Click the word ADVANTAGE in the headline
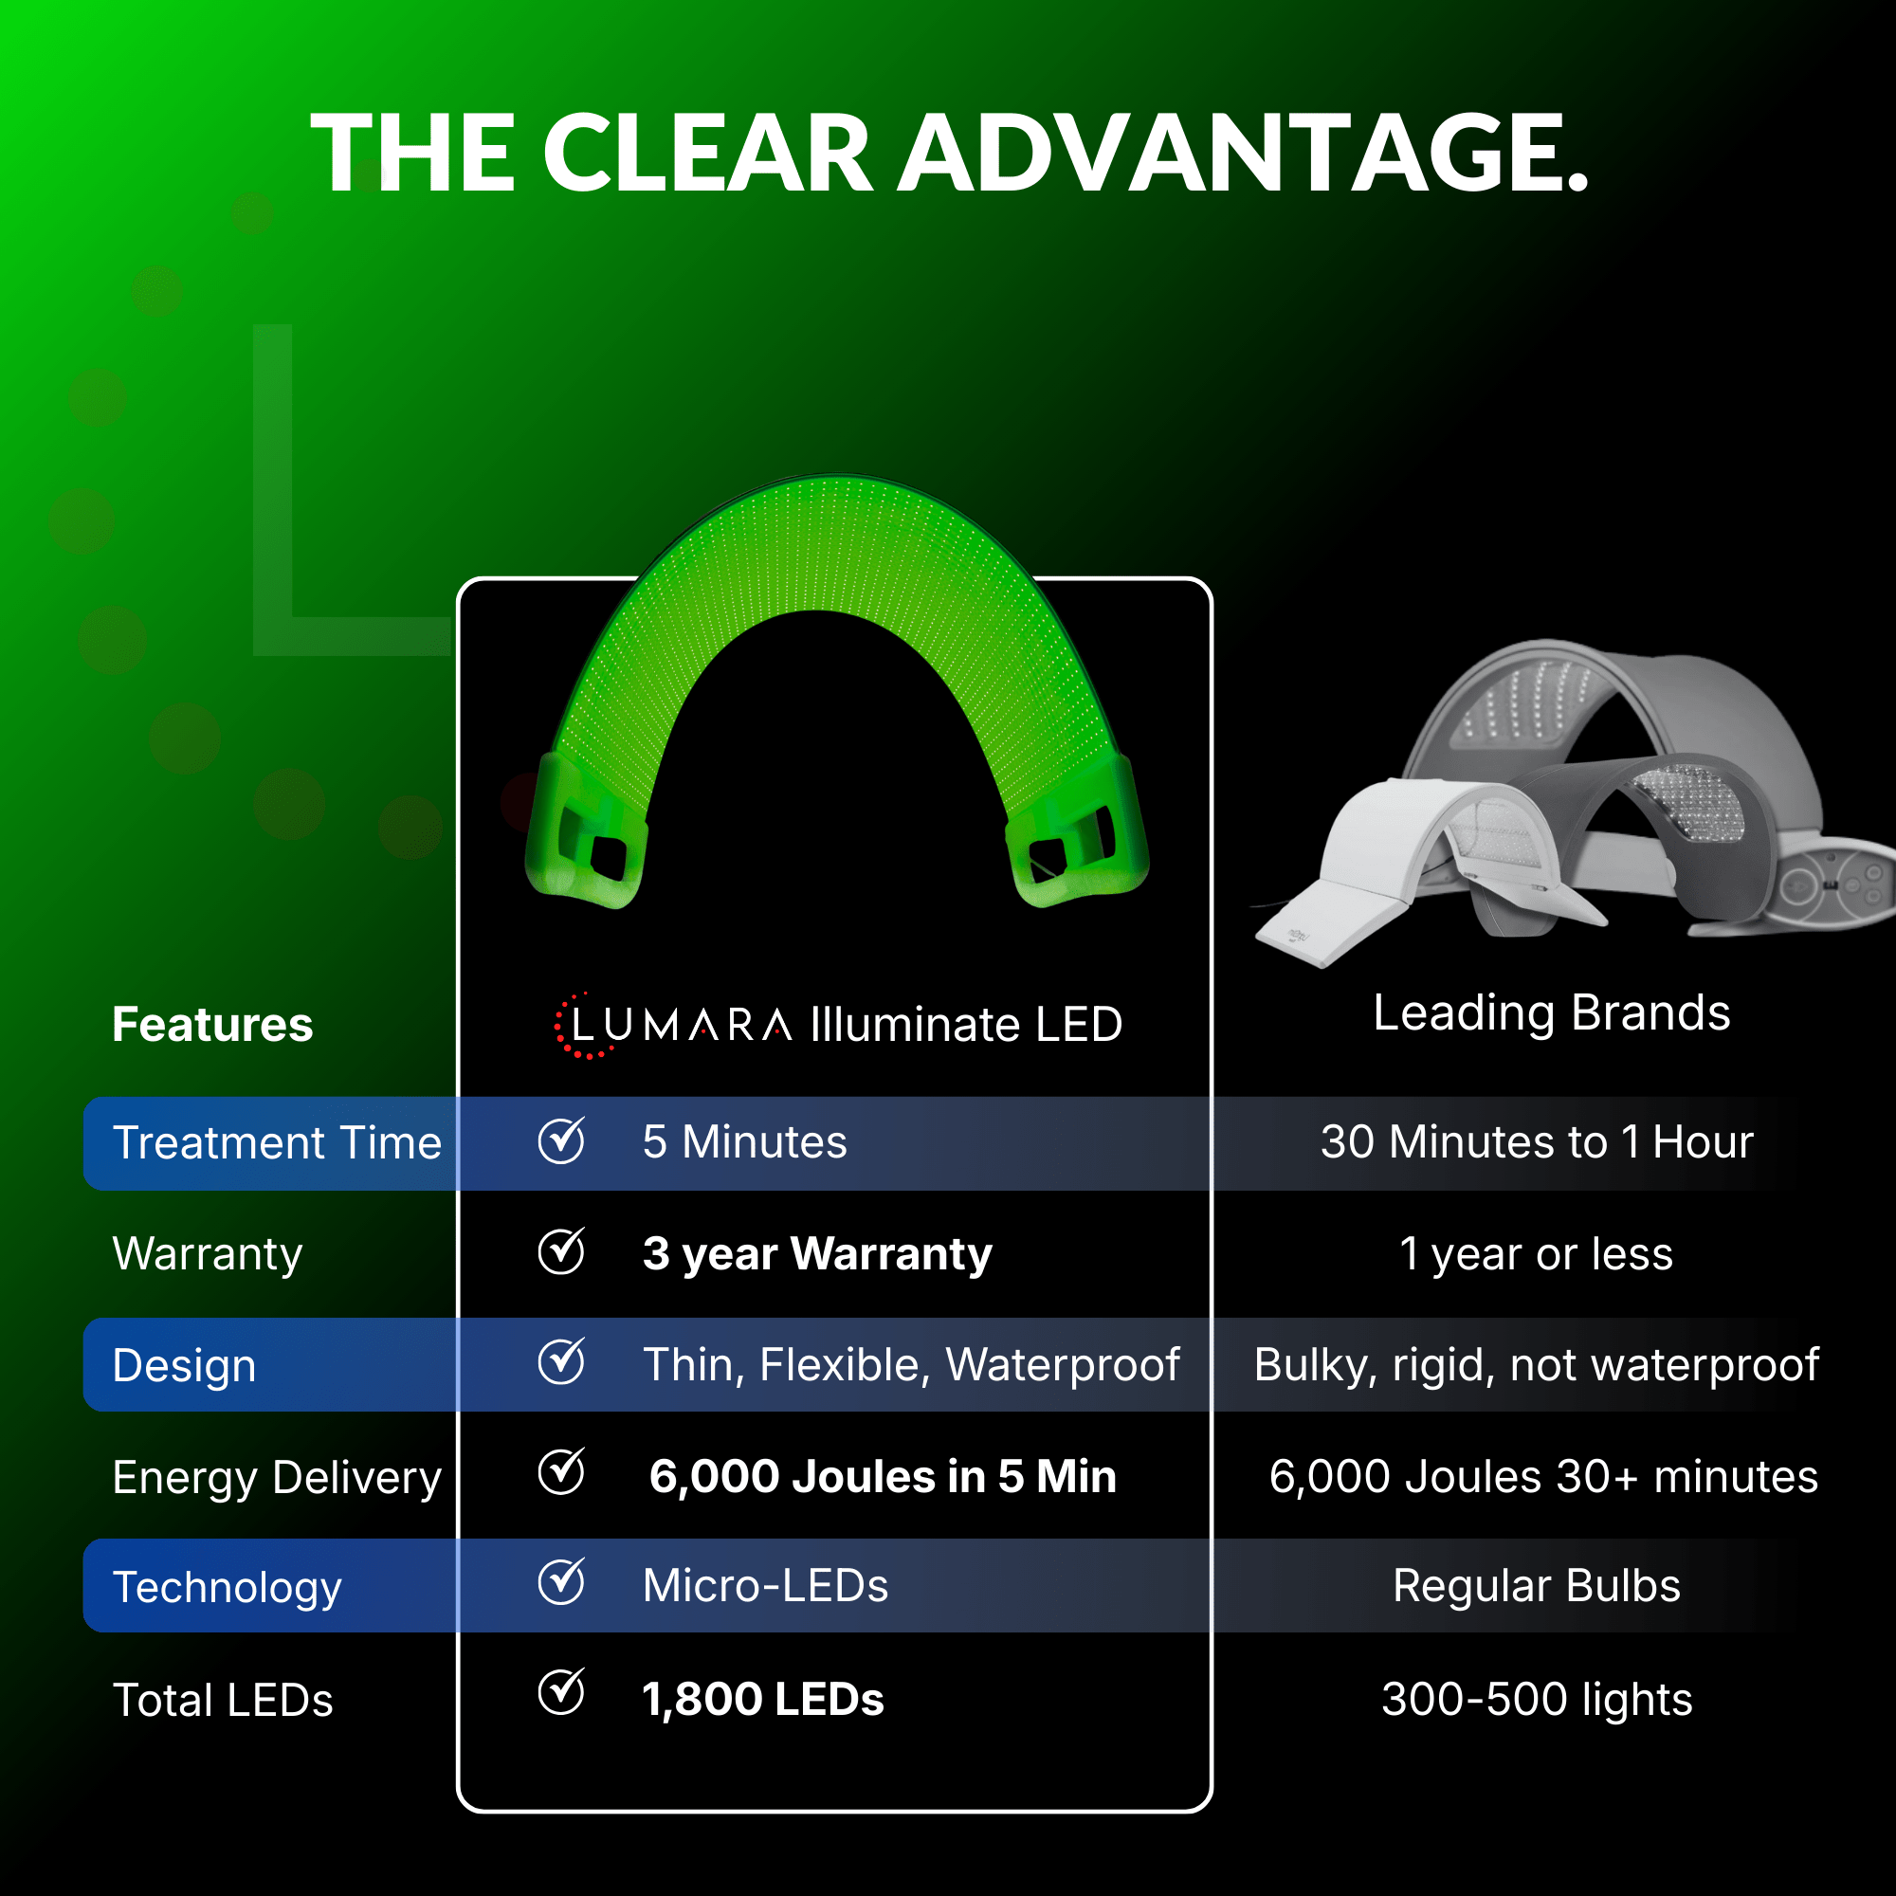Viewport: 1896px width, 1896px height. click(x=1243, y=153)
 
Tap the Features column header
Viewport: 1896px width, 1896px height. click(x=212, y=1025)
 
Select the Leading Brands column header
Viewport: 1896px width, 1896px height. click(x=1551, y=1012)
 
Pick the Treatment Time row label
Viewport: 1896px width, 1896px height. click(x=277, y=1143)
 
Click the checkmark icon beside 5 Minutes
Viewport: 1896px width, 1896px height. click(x=561, y=1140)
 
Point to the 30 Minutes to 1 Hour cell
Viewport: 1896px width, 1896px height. click(x=1536, y=1142)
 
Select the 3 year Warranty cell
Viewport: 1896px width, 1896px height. click(x=816, y=1254)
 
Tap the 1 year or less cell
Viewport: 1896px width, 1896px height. click(x=1536, y=1254)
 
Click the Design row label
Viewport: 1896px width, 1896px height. click(x=185, y=1366)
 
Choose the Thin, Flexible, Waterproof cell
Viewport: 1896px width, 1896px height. click(x=911, y=1365)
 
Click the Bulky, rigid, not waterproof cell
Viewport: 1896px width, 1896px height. click(x=1536, y=1365)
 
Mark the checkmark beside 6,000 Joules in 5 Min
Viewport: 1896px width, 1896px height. click(x=561, y=1472)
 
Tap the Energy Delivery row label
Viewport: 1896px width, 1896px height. click(x=277, y=1477)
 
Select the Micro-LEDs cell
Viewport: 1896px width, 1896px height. click(x=765, y=1586)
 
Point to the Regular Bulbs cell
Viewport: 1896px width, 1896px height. click(x=1536, y=1586)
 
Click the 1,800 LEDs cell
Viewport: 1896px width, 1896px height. click(x=762, y=1700)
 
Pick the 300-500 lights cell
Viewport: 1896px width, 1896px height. click(x=1536, y=1700)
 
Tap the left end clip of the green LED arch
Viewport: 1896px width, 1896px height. click(x=587, y=834)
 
